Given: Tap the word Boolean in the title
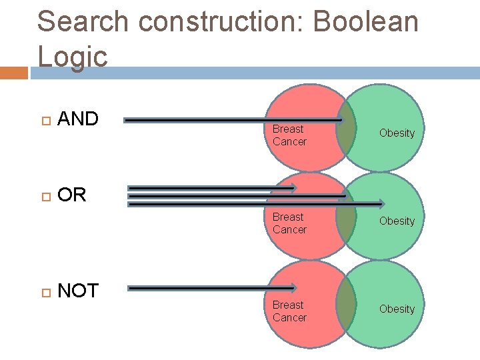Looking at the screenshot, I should coord(365,22).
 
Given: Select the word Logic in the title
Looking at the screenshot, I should coord(73,56).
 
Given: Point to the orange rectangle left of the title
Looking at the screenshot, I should coord(14,72).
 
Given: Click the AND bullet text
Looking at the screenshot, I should coord(78,119).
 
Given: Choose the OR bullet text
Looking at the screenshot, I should coord(72,195).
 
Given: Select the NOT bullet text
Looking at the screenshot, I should coord(78,291).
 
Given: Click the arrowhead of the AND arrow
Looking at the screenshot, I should coord(339,121).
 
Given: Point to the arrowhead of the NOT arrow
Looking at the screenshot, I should coord(292,288).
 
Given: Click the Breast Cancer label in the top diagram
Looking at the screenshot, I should coord(289,135).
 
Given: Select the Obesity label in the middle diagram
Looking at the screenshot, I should coord(397,221).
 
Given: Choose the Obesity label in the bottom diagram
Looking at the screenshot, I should coord(397,309).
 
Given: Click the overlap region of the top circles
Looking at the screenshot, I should coord(345,127).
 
